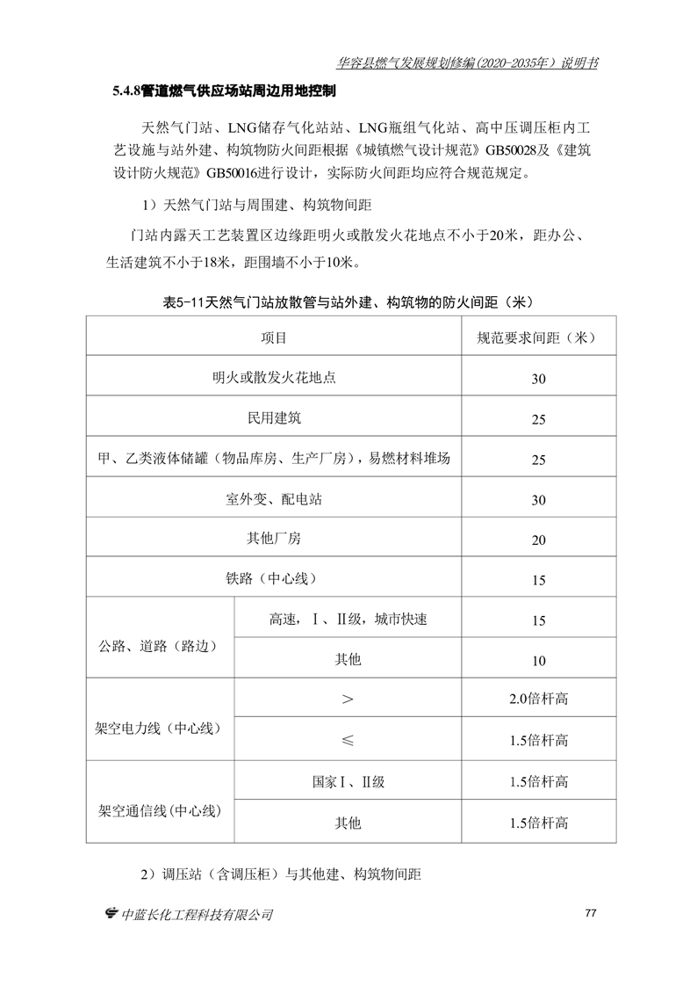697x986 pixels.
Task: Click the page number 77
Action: pos(590,913)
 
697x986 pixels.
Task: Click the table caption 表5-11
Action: pos(348,301)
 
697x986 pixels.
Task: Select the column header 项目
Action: pos(274,337)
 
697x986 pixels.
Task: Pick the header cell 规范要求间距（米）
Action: pos(538,337)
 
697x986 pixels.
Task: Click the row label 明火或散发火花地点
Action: pos(274,378)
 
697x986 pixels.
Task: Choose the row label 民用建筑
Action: pos(274,418)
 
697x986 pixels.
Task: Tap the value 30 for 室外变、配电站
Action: pos(538,500)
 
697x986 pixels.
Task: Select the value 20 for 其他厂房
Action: pos(538,540)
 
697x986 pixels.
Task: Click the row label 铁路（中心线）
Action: pos(274,579)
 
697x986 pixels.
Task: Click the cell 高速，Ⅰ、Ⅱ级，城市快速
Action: pos(348,620)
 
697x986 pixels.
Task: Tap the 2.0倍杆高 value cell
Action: pos(538,700)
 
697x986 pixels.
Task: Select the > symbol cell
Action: pos(348,700)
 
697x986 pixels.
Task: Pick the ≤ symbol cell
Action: pos(348,740)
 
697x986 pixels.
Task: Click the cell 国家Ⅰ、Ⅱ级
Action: pos(348,781)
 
